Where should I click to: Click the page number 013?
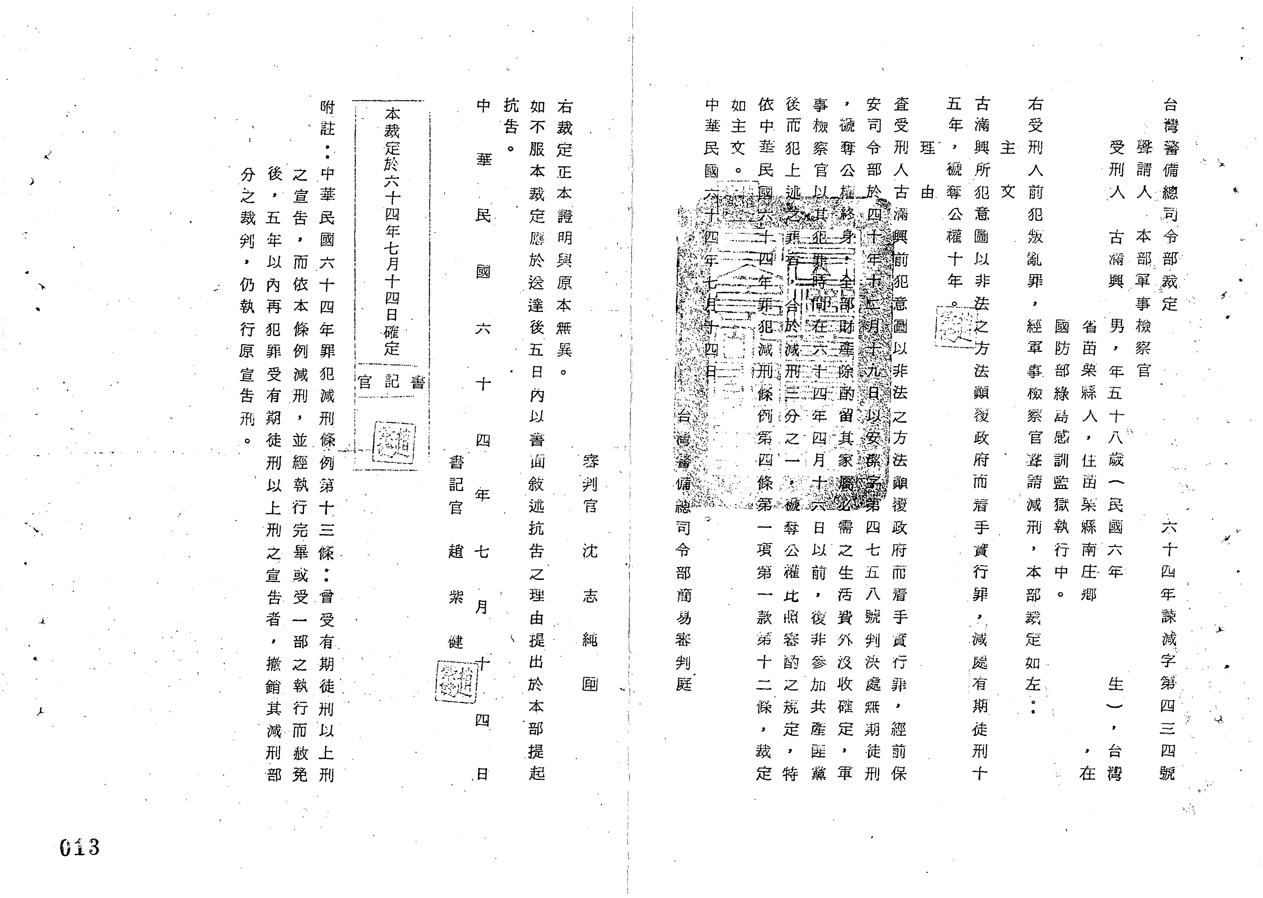point(80,847)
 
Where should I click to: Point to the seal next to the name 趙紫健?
point(456,681)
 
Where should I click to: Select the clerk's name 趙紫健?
point(456,596)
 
